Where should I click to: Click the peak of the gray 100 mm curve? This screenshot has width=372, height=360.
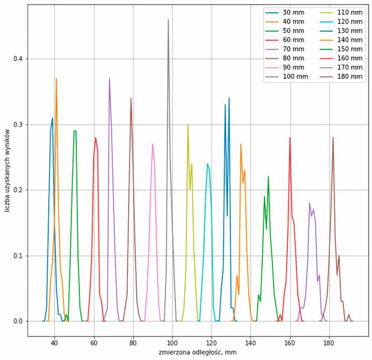pyautogui.click(x=168, y=20)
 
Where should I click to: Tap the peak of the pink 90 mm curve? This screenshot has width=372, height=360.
pyautogui.click(x=152, y=144)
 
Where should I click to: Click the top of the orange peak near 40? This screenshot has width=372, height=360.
pyautogui.click(x=56, y=78)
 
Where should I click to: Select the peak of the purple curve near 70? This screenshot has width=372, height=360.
pyautogui.click(x=109, y=78)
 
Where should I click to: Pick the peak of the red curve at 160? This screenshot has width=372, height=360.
pyautogui.click(x=290, y=138)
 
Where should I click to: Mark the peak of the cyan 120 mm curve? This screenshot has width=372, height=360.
pyautogui.click(x=207, y=164)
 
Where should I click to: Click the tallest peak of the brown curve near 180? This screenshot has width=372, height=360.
pyautogui.click(x=333, y=138)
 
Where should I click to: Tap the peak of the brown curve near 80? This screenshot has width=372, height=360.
pyautogui.click(x=131, y=98)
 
